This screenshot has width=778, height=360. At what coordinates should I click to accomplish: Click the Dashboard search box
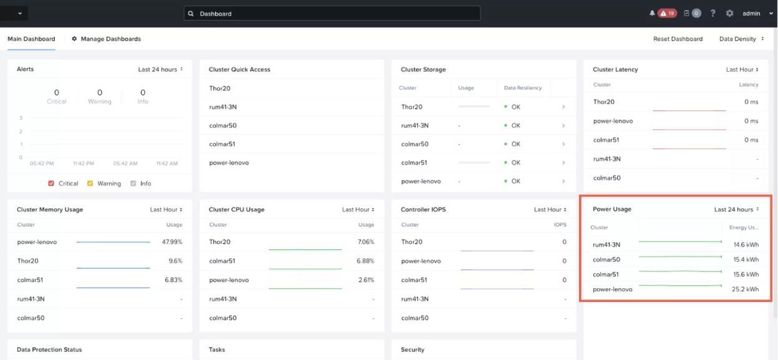[x=332, y=13]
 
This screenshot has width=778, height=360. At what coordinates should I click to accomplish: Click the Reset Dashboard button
[x=678, y=39]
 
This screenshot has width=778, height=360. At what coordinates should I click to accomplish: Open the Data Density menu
[x=741, y=39]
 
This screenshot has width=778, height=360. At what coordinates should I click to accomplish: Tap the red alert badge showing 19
[x=667, y=13]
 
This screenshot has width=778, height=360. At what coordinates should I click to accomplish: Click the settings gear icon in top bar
[x=729, y=13]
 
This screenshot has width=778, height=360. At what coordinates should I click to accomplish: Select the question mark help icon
[x=712, y=13]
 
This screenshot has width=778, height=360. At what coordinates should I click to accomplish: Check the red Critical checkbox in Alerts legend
[x=51, y=183]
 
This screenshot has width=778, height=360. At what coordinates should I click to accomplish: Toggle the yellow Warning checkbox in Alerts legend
[x=90, y=183]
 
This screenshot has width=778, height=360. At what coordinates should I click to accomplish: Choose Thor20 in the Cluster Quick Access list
[x=220, y=88]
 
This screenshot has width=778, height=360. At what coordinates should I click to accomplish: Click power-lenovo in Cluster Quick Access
[x=229, y=163]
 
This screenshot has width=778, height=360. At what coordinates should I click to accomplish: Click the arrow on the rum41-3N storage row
[x=563, y=125]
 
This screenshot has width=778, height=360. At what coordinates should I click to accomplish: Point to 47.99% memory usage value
[x=172, y=242]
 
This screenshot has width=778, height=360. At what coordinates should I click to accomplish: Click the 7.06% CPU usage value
[x=366, y=242]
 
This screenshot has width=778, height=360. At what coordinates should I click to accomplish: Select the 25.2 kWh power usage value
[x=745, y=289]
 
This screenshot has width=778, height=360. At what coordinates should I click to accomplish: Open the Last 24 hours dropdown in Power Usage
[x=736, y=209]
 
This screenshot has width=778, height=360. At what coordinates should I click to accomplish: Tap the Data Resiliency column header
[x=523, y=88]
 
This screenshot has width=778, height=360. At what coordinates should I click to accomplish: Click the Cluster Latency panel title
[x=615, y=69]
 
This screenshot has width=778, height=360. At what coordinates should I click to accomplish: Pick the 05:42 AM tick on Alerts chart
[x=125, y=163]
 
